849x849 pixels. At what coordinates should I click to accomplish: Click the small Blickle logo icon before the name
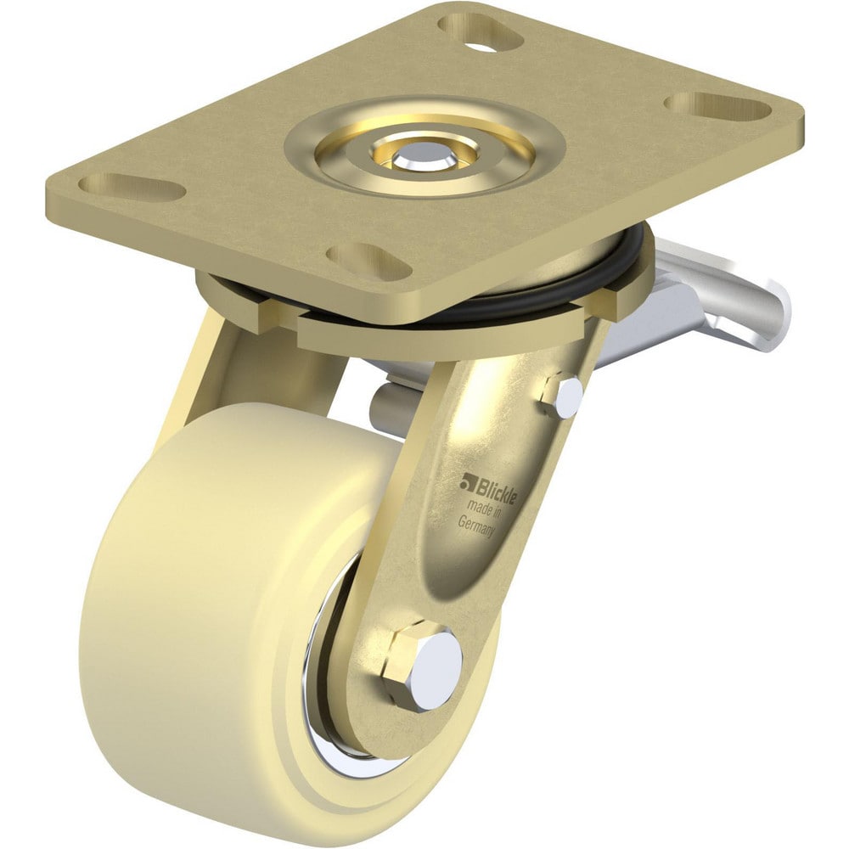click(466, 484)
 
